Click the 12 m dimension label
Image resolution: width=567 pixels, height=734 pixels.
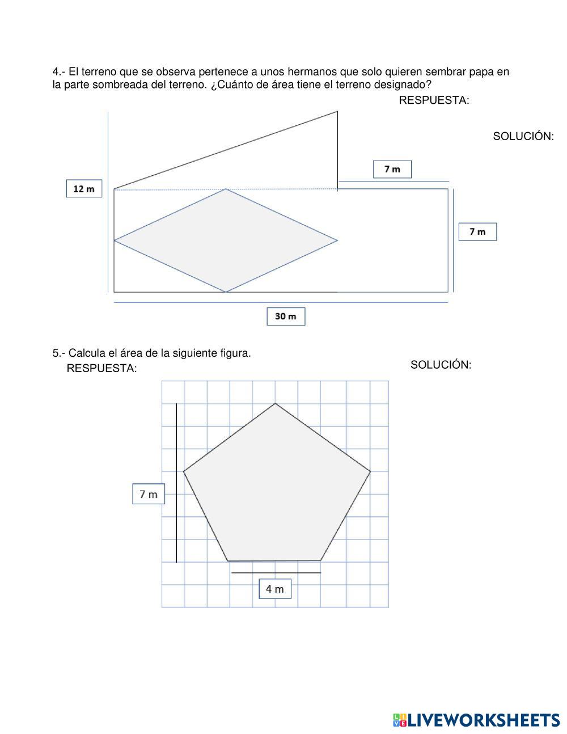(84, 188)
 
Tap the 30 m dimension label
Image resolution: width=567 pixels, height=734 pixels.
(286, 317)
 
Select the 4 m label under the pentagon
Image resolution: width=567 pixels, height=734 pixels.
(275, 589)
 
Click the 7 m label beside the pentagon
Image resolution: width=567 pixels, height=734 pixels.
(149, 494)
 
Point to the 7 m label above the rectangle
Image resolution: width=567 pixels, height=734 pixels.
(392, 169)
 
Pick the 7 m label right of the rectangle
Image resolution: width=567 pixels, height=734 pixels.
(477, 231)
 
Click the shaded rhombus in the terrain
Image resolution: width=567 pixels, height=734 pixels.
(226, 241)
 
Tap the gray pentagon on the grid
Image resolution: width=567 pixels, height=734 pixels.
(277, 488)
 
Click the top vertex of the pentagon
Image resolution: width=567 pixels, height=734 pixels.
(276, 403)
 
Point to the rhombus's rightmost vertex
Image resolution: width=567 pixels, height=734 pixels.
(337, 241)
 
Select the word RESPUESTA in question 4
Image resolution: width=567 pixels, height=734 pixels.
(434, 100)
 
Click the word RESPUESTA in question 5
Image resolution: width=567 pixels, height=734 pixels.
(101, 368)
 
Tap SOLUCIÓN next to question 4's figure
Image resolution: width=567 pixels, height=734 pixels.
(523, 136)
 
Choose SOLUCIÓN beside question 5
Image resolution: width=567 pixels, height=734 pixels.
(441, 365)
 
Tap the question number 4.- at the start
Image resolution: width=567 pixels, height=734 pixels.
(59, 72)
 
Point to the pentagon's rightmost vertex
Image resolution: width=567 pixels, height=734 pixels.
(370, 471)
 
